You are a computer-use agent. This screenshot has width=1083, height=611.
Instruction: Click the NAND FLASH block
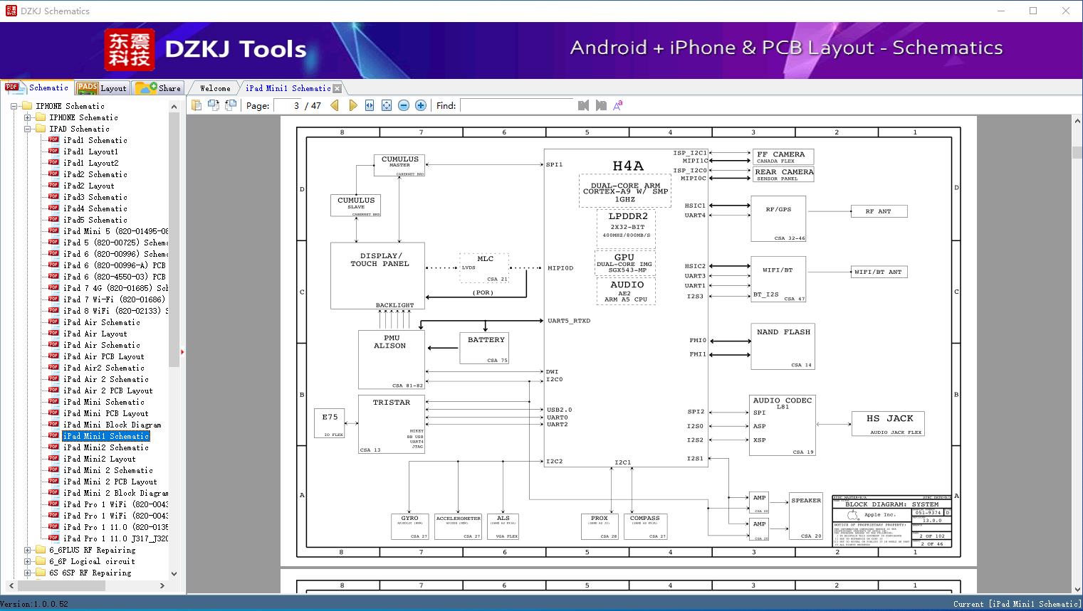pos(783,346)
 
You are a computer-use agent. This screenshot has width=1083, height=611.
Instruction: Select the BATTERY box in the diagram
pos(486,348)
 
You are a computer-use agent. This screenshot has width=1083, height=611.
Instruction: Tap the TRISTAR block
pos(391,424)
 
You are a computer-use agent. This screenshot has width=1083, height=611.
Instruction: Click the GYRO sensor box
pos(409,526)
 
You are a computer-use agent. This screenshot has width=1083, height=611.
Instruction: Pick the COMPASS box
pos(644,526)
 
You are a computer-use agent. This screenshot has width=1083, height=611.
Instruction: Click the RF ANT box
pos(879,211)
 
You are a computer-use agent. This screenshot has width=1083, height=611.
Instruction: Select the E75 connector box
pos(330,423)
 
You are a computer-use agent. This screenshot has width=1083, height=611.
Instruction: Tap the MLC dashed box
pos(484,267)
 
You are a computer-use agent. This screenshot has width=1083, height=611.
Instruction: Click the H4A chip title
pos(627,166)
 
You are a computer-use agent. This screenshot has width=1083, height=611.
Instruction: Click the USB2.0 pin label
pos(560,410)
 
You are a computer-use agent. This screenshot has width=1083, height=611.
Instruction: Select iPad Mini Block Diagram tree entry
pos(112,425)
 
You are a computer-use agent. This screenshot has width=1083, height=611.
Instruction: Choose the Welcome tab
pos(215,88)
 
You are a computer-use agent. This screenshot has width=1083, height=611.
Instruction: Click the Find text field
pos(516,105)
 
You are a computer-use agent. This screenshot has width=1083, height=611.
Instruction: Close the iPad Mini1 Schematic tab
pos(338,88)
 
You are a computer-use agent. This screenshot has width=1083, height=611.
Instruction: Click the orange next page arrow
pos(352,105)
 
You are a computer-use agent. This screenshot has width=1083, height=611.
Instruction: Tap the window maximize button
pos(1033,11)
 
